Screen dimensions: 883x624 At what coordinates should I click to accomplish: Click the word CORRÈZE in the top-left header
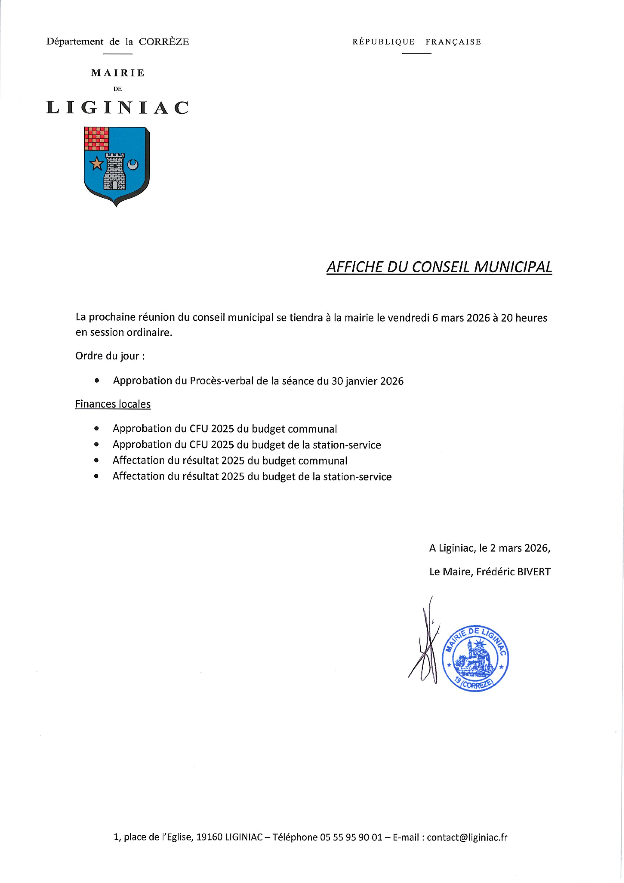(164, 42)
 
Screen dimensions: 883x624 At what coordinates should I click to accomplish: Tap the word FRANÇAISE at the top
(453, 42)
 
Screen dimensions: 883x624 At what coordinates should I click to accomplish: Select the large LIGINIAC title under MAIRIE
(117, 108)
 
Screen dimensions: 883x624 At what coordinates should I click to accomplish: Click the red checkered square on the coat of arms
(96, 138)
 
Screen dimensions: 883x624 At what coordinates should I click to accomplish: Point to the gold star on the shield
(96, 164)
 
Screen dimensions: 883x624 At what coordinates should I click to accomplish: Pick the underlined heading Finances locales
(113, 404)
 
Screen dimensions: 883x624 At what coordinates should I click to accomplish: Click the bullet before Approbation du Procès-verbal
(97, 381)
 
